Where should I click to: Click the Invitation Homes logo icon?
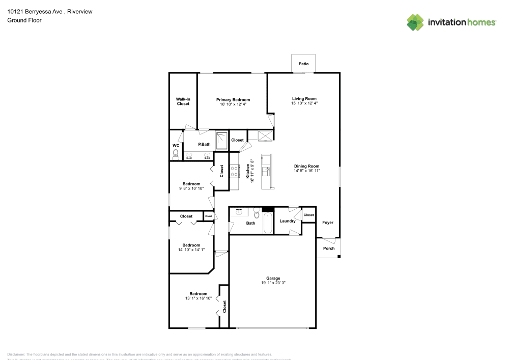pos(415,22)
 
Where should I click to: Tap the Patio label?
pos(304,64)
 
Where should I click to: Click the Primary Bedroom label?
pos(233,100)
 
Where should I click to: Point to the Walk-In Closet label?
pos(183,101)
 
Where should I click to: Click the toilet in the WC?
pos(176,153)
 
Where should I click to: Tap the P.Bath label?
pos(205,145)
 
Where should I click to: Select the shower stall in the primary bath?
pos(222,141)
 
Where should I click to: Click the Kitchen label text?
pos(248,171)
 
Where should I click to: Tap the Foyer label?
pos(328,223)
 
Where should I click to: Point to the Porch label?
pos(329,248)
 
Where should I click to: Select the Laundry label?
pos(288,221)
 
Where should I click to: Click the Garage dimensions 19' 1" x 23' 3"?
pos(273,283)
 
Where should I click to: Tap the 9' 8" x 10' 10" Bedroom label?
pos(191,184)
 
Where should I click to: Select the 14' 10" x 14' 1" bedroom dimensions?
pos(191,250)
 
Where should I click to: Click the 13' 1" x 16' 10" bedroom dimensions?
pos(198,298)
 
